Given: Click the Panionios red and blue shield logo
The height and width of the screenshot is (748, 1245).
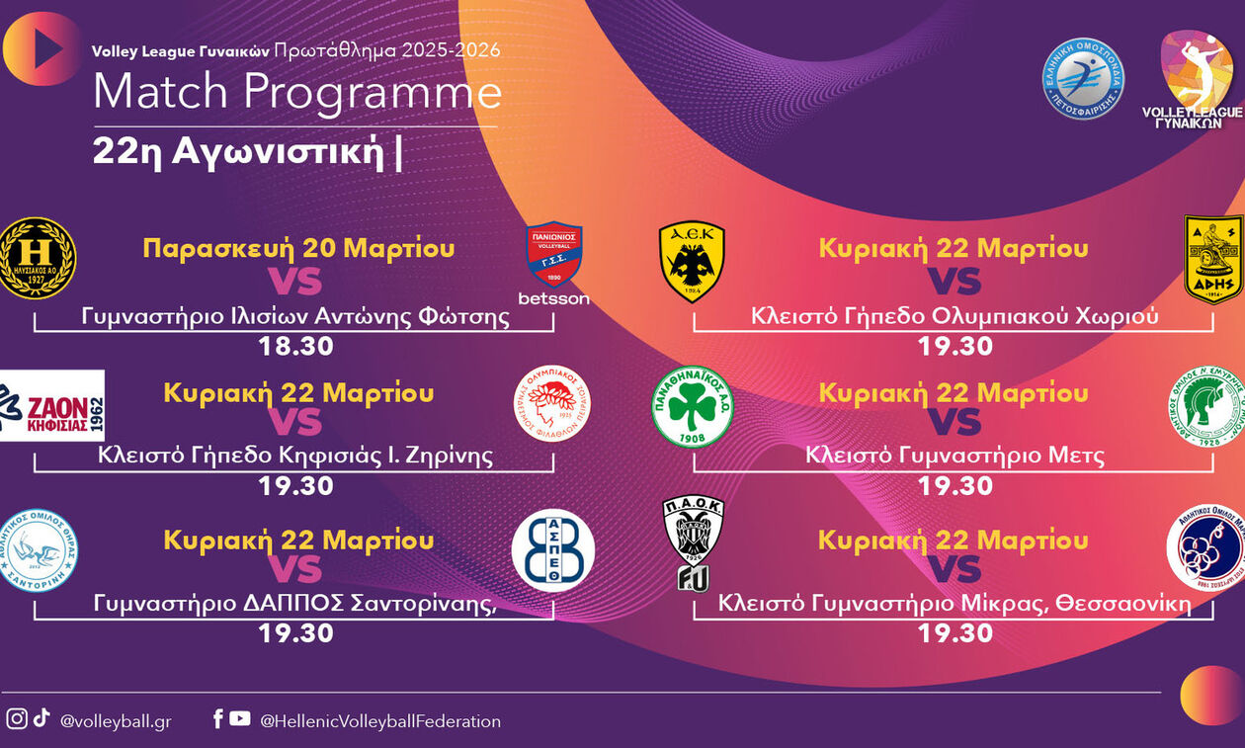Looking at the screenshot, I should tap(553, 254).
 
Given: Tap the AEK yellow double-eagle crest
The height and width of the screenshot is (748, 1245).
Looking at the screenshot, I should tap(692, 260).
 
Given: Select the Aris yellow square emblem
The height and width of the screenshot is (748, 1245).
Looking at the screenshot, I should tap(1212, 259).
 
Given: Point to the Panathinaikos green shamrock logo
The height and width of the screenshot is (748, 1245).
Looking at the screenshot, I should tap(692, 406).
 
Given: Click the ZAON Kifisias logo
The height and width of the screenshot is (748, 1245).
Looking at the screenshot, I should tap(51, 405).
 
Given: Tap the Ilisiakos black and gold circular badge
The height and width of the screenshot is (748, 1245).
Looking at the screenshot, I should tap(37, 258).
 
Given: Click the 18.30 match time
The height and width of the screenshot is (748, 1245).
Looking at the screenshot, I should tap(295, 347).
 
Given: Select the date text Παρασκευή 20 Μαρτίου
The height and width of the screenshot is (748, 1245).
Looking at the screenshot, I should tap(298, 247).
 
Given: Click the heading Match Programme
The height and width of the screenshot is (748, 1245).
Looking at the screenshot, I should tap(296, 92).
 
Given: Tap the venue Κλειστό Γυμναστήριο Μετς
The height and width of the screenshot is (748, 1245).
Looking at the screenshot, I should tap(954, 456).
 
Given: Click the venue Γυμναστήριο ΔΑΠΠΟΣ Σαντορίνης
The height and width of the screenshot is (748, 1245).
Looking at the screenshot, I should tap(294, 604).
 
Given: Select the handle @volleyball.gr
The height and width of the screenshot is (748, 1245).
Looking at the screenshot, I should tap(116, 721).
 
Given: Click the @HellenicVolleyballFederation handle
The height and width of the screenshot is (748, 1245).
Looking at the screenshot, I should tap(380, 721).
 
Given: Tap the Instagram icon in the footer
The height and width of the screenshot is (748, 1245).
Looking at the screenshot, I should tap(16, 719).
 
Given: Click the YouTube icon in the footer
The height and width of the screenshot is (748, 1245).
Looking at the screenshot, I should tap(240, 719).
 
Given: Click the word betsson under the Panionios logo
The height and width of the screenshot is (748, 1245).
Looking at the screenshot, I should tap(553, 298).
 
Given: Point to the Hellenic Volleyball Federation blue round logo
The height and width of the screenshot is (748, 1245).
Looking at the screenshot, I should tap(1084, 79).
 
